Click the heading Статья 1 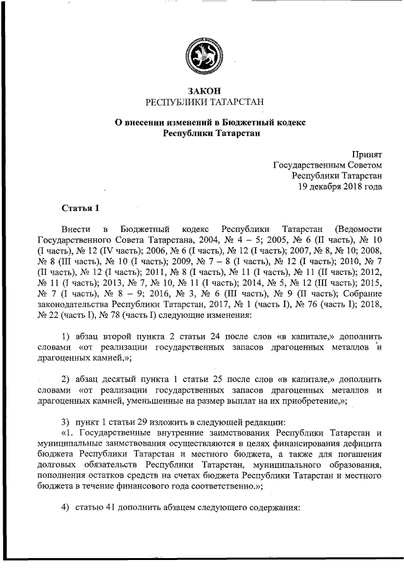tap(80, 208)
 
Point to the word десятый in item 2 tap(123, 379)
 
